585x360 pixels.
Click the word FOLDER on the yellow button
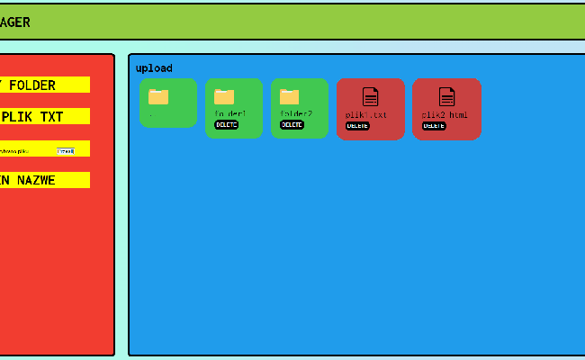pos(32,85)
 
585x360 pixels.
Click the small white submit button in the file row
pos(66,151)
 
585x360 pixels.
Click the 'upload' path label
pos(154,68)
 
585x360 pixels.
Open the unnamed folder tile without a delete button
pos(168,103)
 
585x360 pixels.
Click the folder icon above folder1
pos(224,96)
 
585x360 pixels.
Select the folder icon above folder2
pos(289,96)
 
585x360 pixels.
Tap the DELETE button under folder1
pos(227,125)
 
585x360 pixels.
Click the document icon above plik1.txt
pos(371,97)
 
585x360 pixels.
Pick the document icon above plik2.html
pos(446,97)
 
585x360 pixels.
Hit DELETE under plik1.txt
pos(358,126)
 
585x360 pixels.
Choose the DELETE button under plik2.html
pos(434,126)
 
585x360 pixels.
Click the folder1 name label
pos(230,114)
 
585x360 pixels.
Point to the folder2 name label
pos(296,114)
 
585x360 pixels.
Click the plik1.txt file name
pos(366,115)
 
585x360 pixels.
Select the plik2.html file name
pos(445,115)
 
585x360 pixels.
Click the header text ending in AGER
pos(14,22)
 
